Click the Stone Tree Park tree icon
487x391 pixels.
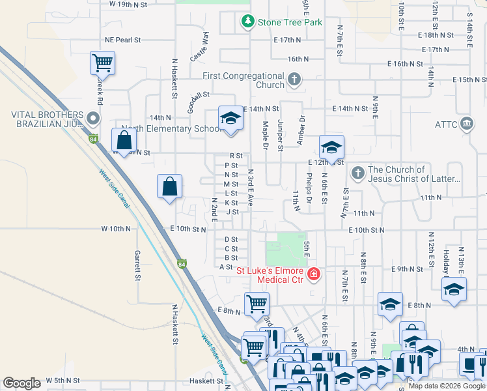coord(247,22)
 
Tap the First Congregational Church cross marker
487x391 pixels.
coord(294,80)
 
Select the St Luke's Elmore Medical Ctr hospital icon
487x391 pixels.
coord(314,274)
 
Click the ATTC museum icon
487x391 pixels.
coord(466,123)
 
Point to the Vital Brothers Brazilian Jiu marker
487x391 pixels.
coord(92,119)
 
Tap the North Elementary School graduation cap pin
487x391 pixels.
coord(229,119)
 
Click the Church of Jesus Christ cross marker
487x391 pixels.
coord(357,174)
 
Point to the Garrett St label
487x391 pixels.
coord(138,265)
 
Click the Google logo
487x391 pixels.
coord(21,383)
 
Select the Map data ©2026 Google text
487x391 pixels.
coord(446,386)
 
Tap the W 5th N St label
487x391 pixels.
coord(63,380)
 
